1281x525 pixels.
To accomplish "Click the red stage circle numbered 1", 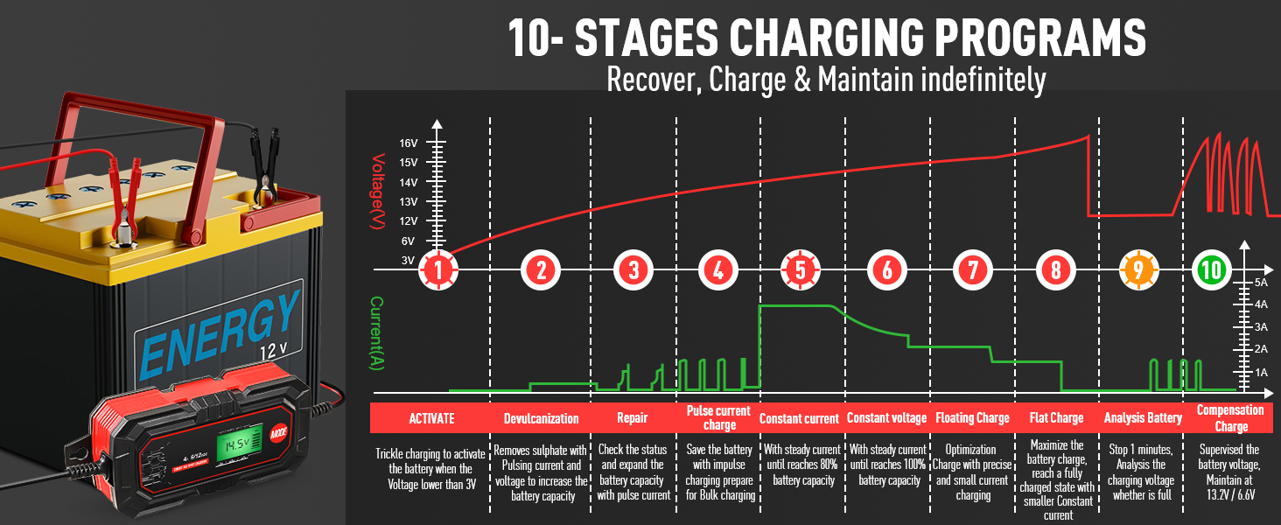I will pyautogui.click(x=437, y=269).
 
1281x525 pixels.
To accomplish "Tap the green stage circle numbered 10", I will pyautogui.click(x=1211, y=269).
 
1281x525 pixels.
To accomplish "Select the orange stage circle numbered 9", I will pyautogui.click(x=1137, y=269).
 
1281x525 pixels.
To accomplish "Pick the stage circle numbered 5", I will pyautogui.click(x=801, y=269).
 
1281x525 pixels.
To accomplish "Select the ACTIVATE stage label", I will pyautogui.click(x=431, y=418).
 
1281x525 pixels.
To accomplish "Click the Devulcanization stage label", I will pyautogui.click(x=542, y=418).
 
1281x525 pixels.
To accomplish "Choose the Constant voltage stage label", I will pyautogui.click(x=886, y=418).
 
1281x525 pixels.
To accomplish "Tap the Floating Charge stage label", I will pyautogui.click(x=972, y=418).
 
